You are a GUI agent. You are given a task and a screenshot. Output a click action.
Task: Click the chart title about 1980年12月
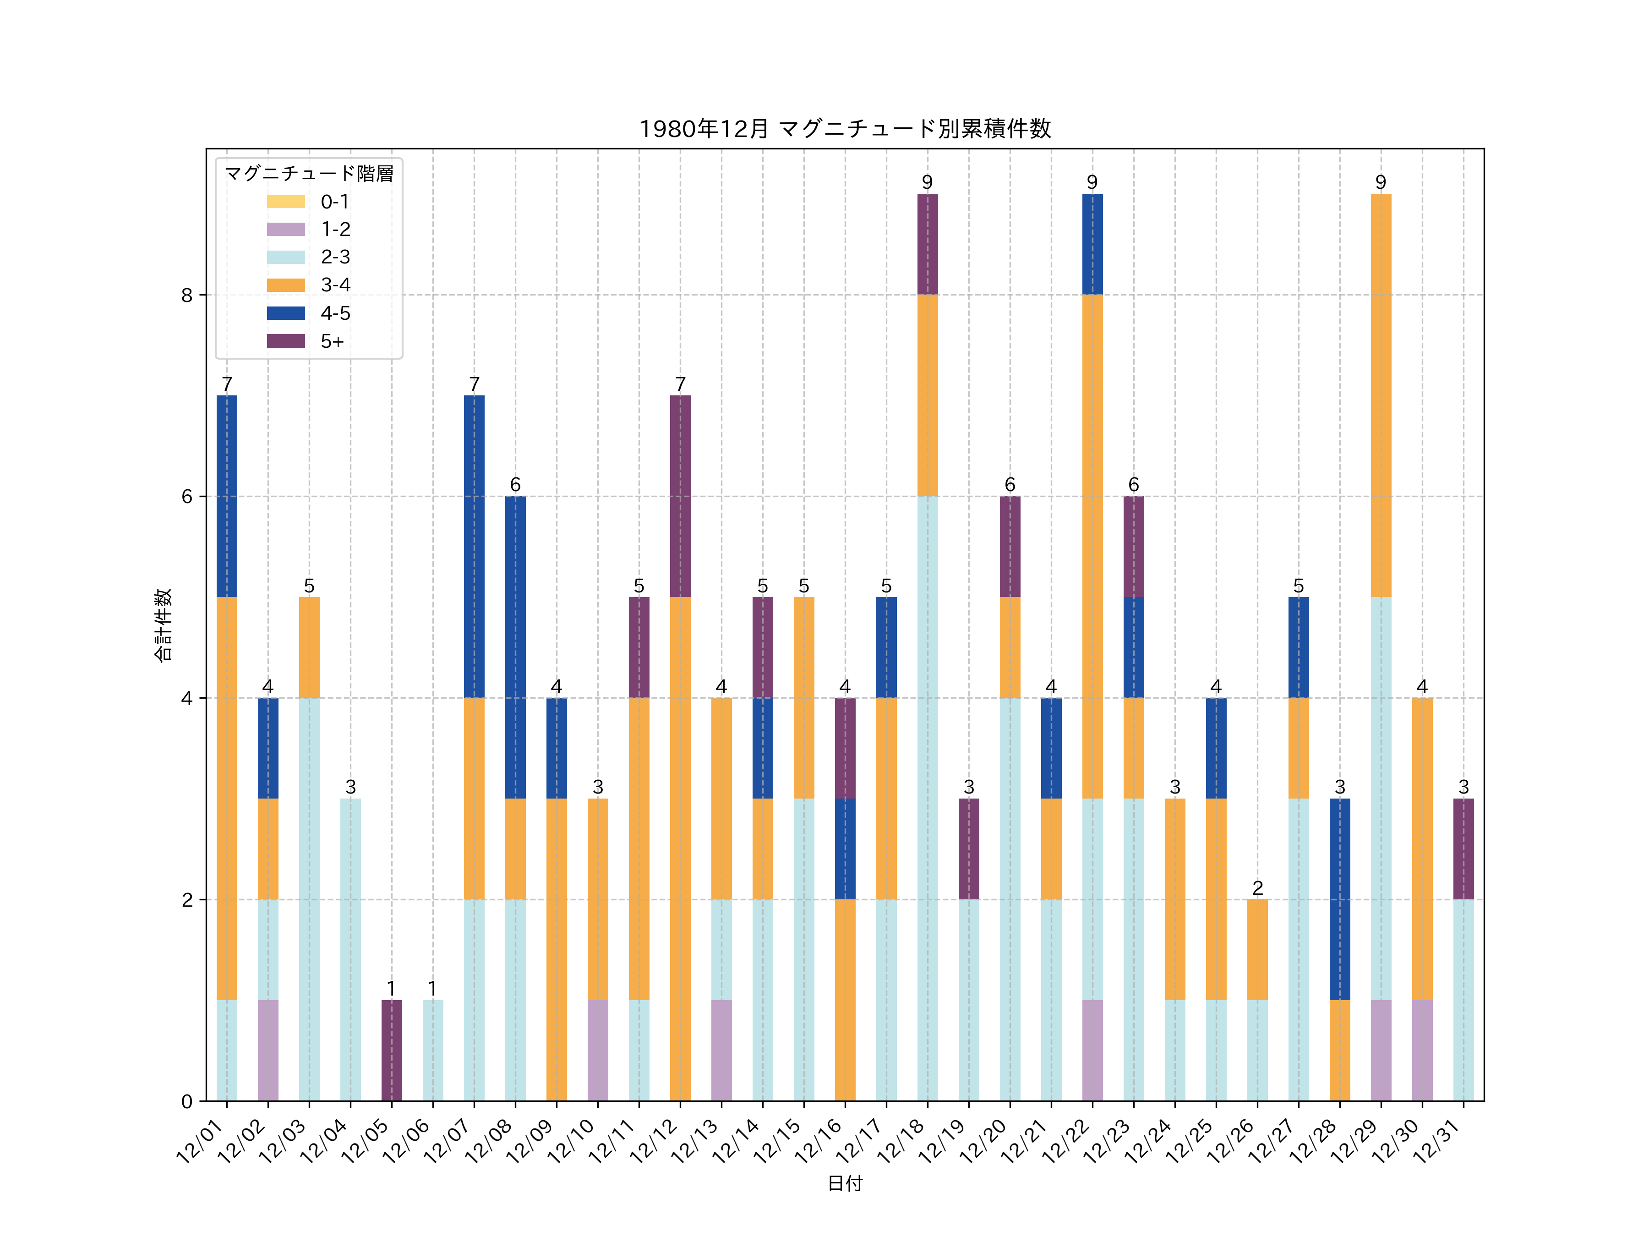tap(845, 129)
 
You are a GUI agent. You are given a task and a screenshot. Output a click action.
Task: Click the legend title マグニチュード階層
tap(309, 174)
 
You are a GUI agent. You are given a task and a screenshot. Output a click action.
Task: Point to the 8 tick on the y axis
tap(186, 295)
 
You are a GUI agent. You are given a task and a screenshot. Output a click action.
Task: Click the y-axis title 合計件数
tap(163, 625)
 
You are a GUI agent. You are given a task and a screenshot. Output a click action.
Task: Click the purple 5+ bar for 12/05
tap(391, 1050)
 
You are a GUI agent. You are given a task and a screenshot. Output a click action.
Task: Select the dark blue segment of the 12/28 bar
tap(1340, 899)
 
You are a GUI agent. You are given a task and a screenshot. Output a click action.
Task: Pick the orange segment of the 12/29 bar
tap(1381, 395)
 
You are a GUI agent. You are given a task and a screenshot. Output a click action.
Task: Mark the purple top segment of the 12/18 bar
tap(928, 244)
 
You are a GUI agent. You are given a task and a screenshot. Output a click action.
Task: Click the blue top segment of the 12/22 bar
tap(1092, 244)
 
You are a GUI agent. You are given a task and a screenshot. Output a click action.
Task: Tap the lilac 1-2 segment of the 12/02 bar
tap(268, 1050)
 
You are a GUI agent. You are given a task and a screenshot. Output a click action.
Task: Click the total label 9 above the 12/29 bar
tap(1381, 183)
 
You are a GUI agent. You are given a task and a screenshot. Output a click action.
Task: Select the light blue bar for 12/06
tap(432, 1050)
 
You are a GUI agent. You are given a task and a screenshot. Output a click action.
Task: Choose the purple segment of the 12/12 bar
tap(680, 496)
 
